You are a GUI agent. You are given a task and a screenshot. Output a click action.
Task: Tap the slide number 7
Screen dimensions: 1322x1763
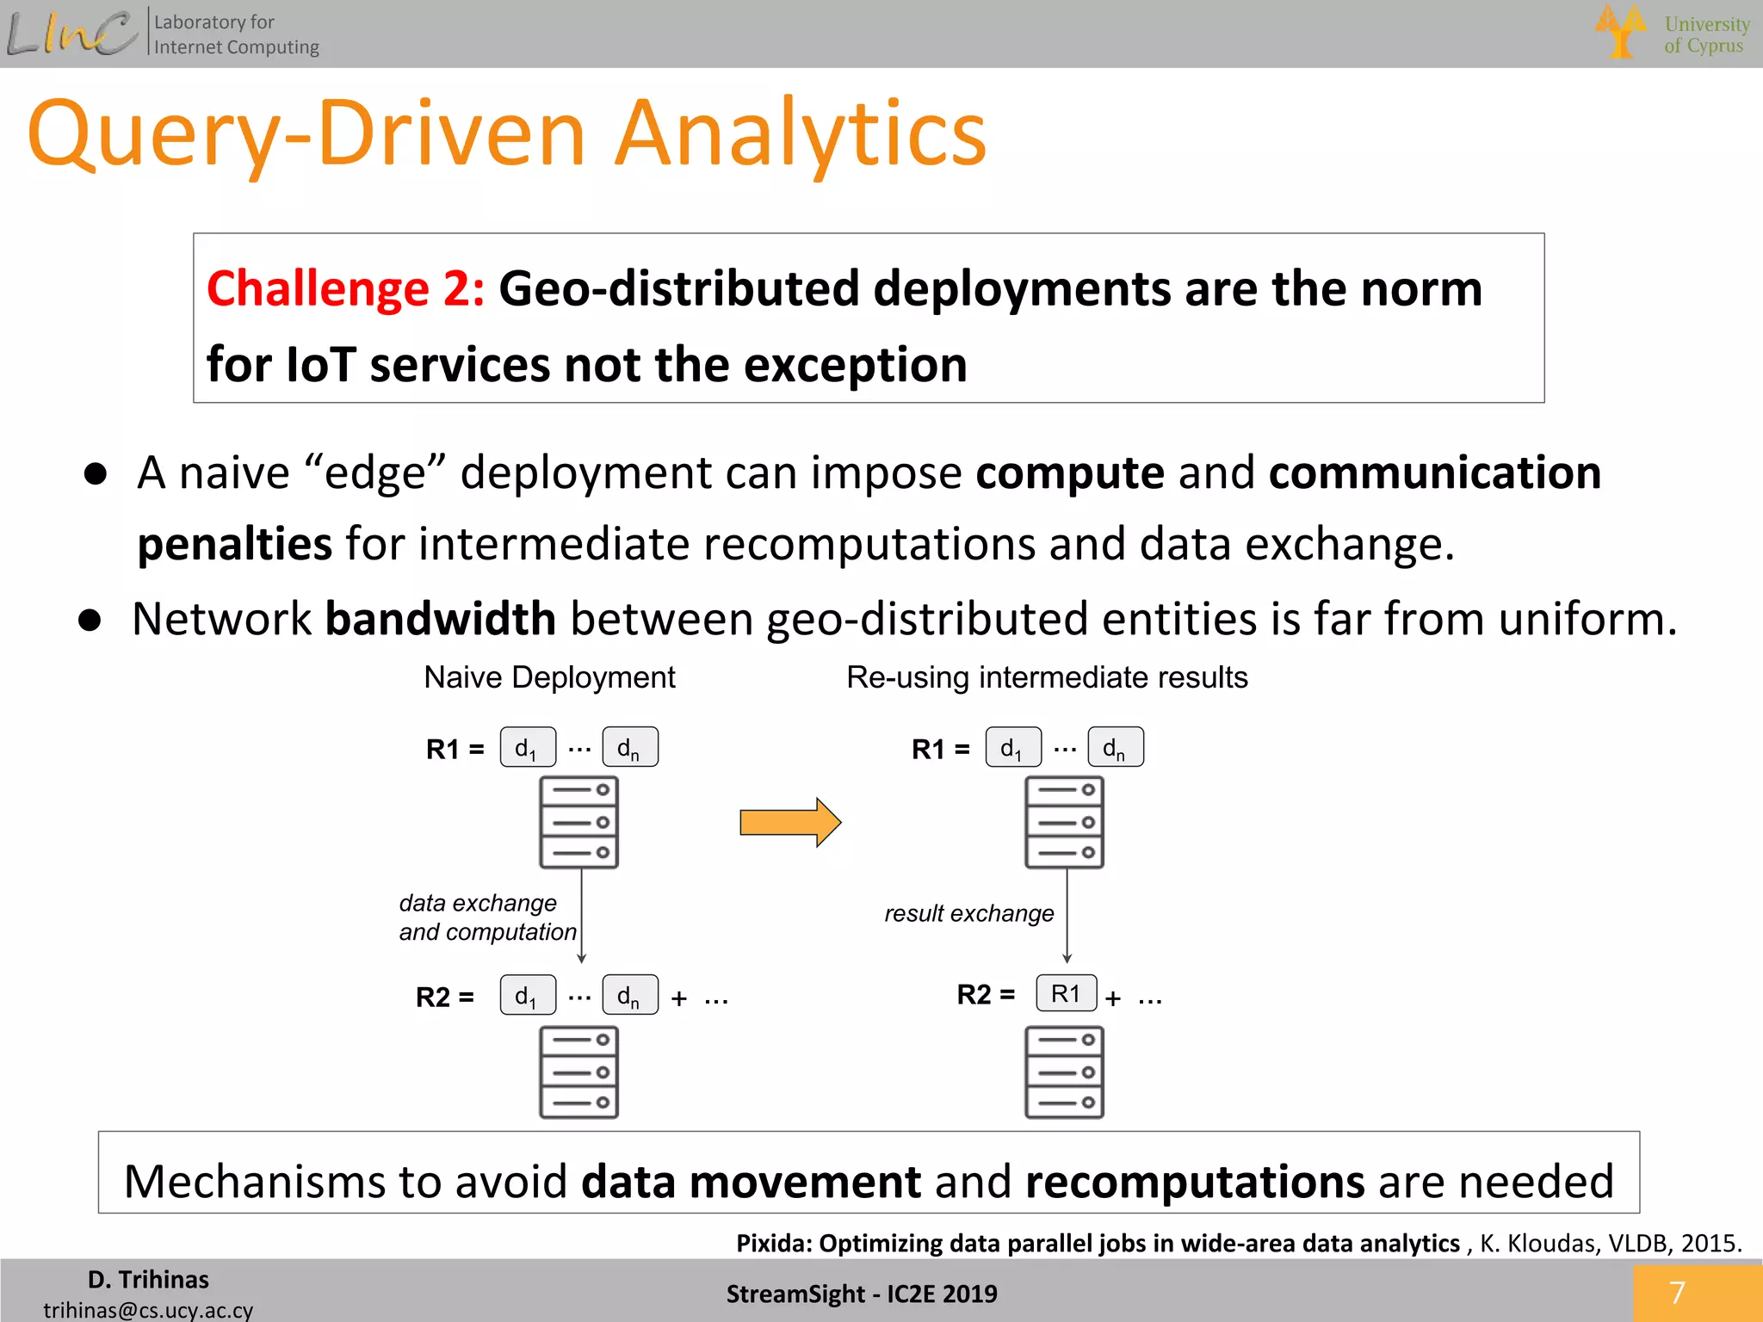1676,1292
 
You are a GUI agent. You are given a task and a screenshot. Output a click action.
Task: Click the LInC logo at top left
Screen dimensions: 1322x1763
72,34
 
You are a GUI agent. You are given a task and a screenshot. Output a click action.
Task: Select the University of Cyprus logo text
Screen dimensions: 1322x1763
1705,34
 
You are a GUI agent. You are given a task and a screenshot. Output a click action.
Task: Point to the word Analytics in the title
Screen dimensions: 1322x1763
801,133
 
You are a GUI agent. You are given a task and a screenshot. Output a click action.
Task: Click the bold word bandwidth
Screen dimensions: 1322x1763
440,619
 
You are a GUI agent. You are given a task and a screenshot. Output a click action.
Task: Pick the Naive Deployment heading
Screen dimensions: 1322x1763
549,677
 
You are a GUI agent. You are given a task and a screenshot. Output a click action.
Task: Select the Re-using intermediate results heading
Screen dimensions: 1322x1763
1047,677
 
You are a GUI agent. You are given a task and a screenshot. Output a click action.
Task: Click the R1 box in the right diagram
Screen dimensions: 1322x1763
1066,993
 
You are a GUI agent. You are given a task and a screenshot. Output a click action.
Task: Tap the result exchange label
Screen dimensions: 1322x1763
968,913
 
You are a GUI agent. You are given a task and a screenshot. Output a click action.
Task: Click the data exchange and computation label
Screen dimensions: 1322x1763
486,917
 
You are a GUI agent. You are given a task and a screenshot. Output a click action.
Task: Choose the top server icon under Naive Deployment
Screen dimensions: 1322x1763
578,822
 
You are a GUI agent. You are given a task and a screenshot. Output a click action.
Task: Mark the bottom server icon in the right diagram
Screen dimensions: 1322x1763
1064,1072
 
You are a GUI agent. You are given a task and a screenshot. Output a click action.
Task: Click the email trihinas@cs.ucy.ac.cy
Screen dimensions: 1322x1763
148,1309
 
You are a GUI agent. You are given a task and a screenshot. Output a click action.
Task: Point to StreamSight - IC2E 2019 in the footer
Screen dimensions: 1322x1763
861,1294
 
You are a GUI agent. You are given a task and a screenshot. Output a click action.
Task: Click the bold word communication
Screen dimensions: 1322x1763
1434,473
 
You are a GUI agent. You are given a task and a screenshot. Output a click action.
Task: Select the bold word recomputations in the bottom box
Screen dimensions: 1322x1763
1195,1181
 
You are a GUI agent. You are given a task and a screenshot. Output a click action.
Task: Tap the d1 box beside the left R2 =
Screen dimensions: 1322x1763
527,996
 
